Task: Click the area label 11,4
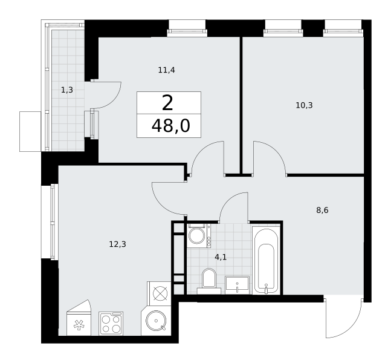[167, 70]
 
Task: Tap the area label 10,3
[304, 105]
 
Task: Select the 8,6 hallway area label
[322, 211]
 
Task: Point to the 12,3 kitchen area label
[117, 244]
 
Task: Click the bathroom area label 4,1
[221, 257]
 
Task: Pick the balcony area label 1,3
[67, 90]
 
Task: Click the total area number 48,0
[171, 126]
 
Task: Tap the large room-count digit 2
[167, 103]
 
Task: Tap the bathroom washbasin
[237, 285]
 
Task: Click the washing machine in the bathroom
[199, 235]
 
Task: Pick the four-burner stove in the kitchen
[111, 323]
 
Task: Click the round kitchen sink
[156, 321]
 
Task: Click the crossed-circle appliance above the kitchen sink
[160, 293]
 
